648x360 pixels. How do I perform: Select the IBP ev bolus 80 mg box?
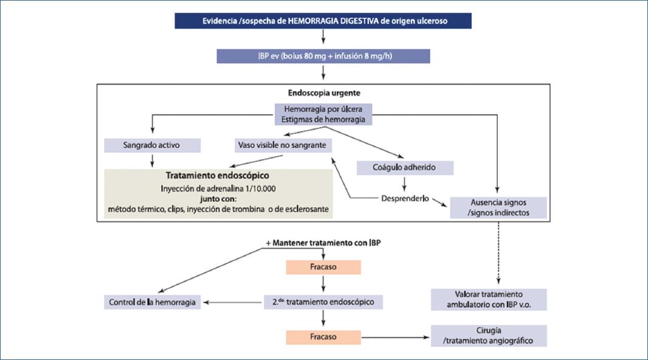(323, 56)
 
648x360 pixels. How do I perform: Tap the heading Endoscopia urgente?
(323, 94)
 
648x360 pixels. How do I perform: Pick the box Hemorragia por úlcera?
(323, 114)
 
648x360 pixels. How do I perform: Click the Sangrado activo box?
(152, 146)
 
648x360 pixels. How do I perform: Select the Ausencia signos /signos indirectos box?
(498, 208)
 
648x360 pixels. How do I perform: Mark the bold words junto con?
(217, 198)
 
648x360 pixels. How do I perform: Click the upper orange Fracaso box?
(323, 268)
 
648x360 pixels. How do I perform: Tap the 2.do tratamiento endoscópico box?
(323, 302)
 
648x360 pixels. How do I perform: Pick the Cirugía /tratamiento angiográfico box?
(489, 336)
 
